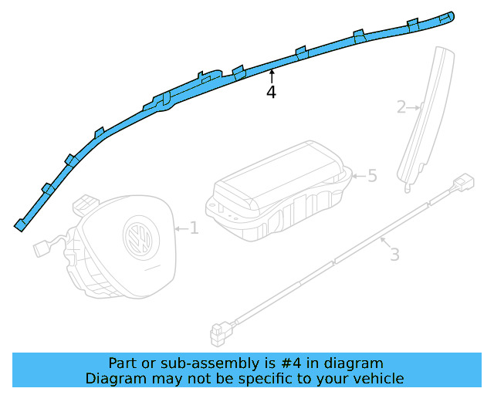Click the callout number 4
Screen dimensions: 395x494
click(271, 93)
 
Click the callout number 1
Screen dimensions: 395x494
click(194, 228)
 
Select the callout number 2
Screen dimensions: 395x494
click(401, 107)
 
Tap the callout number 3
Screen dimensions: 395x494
click(394, 254)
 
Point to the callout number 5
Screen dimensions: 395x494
click(372, 176)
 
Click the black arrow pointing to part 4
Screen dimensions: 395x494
click(271, 76)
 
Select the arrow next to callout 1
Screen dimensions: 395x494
click(181, 228)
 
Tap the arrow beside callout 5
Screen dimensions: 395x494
click(357, 176)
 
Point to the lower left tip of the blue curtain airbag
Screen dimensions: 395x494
click(19, 225)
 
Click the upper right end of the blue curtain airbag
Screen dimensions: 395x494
click(450, 15)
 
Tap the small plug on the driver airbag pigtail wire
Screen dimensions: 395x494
click(42, 248)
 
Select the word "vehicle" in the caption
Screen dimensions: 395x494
click(377, 378)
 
